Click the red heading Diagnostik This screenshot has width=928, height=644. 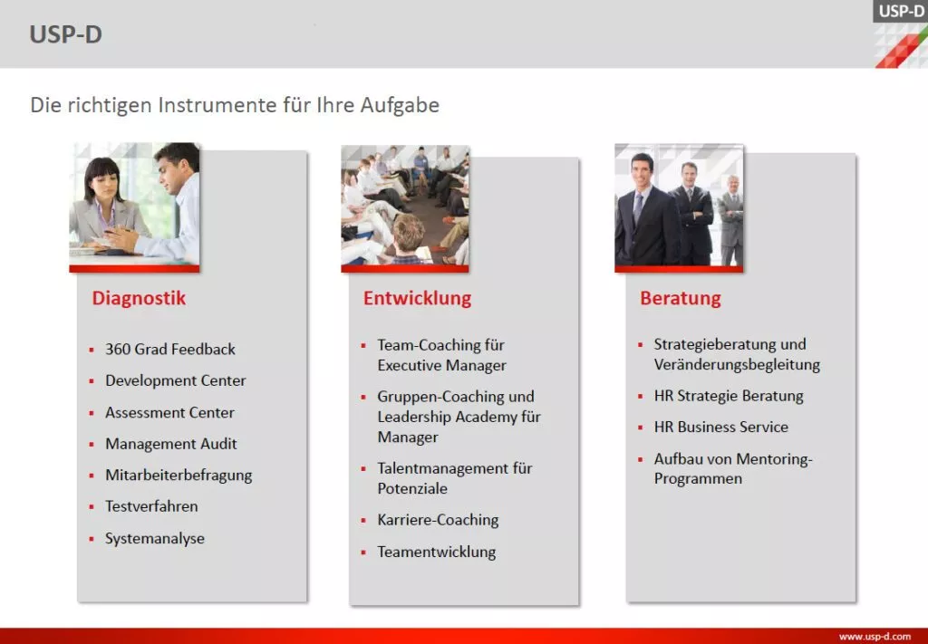coord(139,298)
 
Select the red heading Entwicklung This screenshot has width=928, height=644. coord(417,298)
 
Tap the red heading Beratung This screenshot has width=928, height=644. coord(680,298)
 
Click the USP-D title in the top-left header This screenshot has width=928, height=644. coord(65,34)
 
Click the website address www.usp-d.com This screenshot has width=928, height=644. coord(875,637)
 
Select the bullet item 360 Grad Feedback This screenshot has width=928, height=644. coord(169,350)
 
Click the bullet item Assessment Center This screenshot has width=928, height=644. coord(169,412)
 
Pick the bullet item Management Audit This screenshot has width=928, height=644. coord(171,444)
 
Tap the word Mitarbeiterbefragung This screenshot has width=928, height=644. coord(179,476)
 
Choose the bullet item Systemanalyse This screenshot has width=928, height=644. coord(155,539)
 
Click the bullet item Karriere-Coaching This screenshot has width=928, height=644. coord(438,521)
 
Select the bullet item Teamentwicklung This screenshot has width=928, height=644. coord(437,553)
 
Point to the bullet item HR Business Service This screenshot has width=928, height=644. coord(720,427)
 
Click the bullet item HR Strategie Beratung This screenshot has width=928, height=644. coord(729,396)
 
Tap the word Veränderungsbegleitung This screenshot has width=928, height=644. coord(737,365)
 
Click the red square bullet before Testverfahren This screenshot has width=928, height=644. coord(92,507)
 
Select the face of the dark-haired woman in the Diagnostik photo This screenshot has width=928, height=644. coord(104,185)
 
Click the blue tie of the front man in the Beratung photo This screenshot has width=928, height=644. coord(638,208)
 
